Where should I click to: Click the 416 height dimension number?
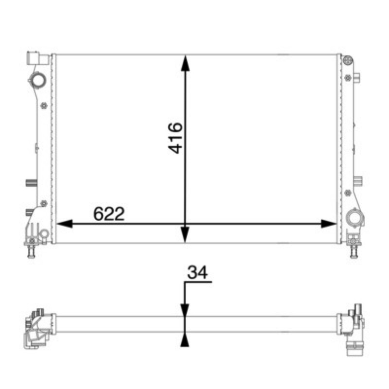click(x=175, y=138)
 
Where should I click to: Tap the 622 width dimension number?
click(x=109, y=213)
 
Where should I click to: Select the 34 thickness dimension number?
click(x=197, y=272)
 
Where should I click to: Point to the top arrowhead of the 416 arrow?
click(x=185, y=63)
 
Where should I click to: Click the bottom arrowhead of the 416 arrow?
click(x=185, y=235)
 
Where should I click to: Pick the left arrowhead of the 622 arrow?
click(x=65, y=224)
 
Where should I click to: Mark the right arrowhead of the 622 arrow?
click(x=329, y=224)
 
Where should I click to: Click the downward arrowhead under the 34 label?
click(x=185, y=310)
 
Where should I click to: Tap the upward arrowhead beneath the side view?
click(x=185, y=340)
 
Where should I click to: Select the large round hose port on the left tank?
click(x=38, y=79)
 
